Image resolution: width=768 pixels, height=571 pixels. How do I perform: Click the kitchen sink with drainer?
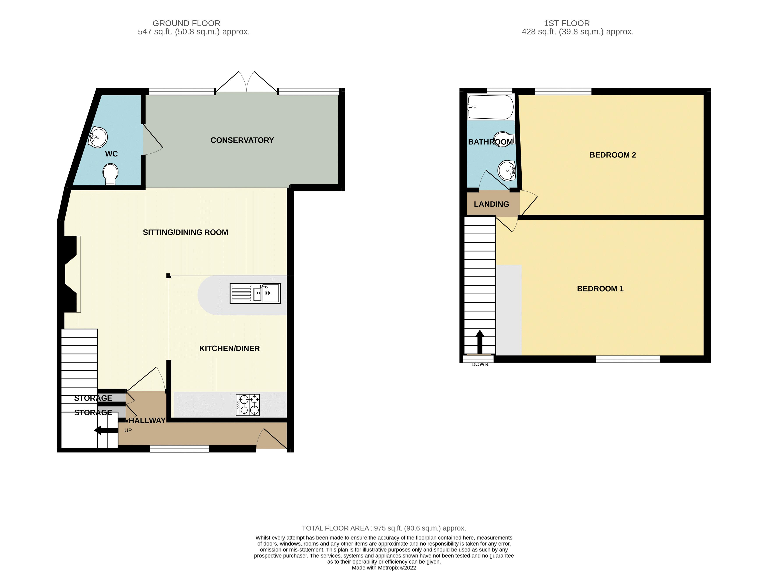pyautogui.click(x=255, y=294)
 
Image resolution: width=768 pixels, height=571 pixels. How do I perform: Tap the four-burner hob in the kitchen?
pyautogui.click(x=248, y=405)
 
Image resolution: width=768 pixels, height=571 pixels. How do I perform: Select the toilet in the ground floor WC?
pyautogui.click(x=111, y=174)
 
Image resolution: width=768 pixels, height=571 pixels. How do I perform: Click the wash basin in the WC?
pyautogui.click(x=99, y=137)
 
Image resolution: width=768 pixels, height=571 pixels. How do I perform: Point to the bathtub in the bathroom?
pyautogui.click(x=490, y=107)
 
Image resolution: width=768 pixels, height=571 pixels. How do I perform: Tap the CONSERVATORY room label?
pyautogui.click(x=242, y=140)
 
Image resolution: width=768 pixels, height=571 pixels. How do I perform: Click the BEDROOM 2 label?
pyautogui.click(x=612, y=155)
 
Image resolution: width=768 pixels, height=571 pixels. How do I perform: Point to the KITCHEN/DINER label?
pyautogui.click(x=229, y=348)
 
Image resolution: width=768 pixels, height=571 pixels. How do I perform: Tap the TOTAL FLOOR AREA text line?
pyautogui.click(x=384, y=528)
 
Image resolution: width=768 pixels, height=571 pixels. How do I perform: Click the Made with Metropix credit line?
pyautogui.click(x=384, y=567)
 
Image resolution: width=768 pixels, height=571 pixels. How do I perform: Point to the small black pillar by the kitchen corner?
pyautogui.click(x=169, y=276)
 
